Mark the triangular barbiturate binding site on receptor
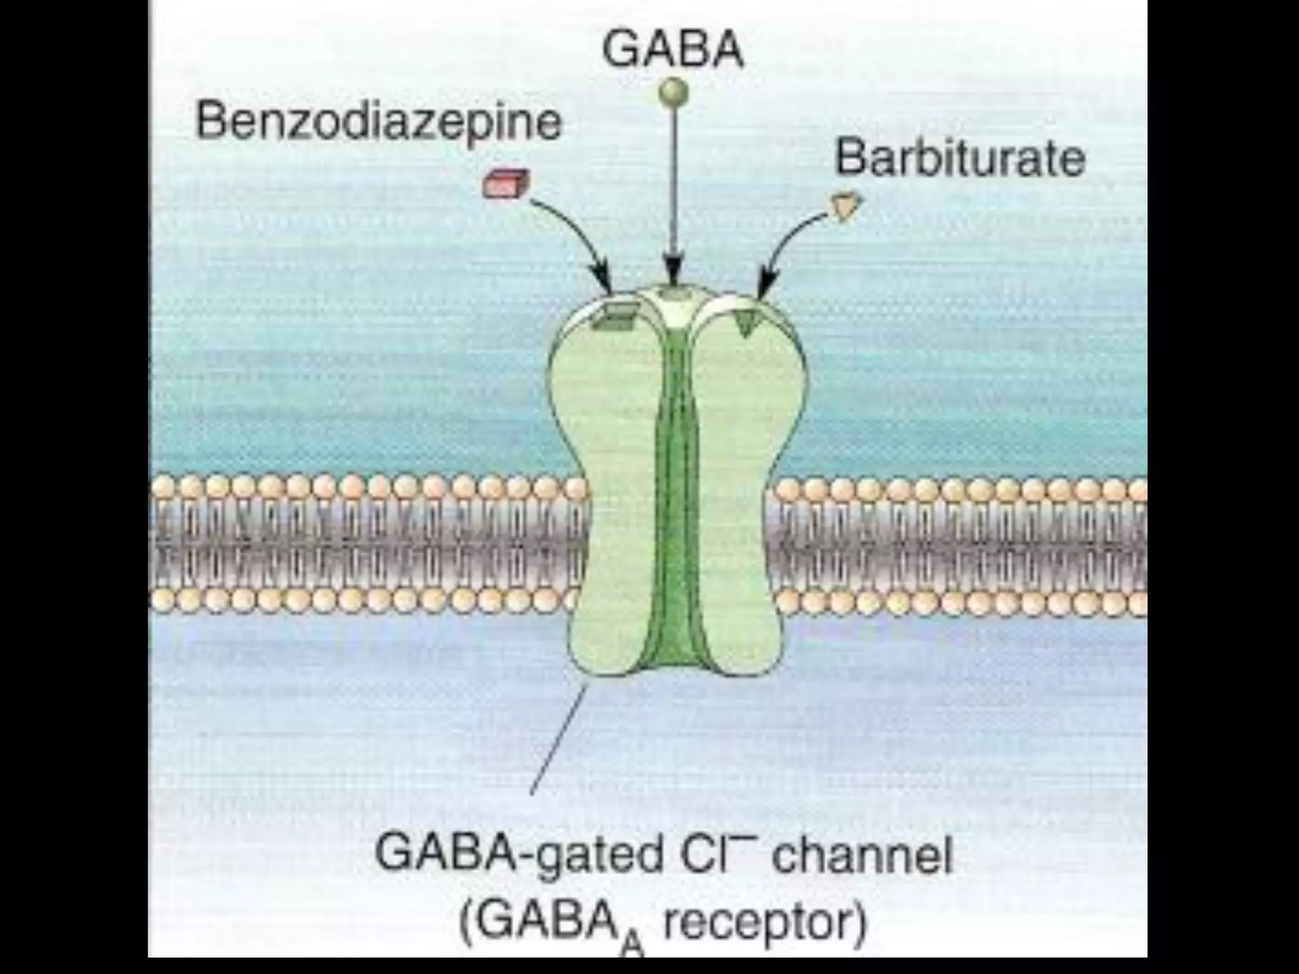tap(743, 323)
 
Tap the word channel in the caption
tap(863, 854)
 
